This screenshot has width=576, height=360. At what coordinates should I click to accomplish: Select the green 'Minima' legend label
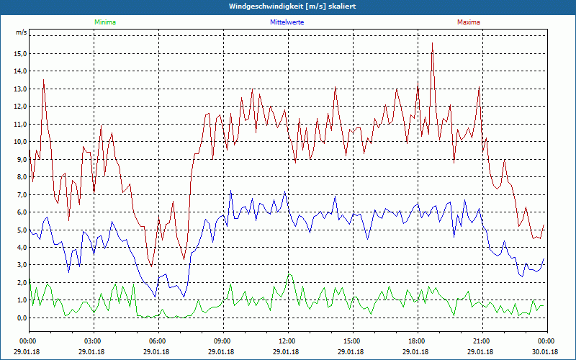104,22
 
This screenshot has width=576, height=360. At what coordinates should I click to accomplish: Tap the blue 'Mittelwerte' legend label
286,22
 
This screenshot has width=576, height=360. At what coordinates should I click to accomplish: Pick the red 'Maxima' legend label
469,22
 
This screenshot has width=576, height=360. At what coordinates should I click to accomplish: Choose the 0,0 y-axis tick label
21,318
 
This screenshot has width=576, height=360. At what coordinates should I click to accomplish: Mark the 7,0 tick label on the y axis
21,194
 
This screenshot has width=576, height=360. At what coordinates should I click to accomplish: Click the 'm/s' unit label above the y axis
21,33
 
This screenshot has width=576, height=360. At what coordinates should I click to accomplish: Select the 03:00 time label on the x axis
93,341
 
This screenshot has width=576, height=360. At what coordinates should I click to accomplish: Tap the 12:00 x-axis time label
287,341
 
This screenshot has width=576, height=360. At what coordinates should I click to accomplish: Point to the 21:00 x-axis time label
482,341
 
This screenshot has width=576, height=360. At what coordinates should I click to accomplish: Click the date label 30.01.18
546,351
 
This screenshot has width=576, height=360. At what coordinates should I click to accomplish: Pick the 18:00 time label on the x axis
417,341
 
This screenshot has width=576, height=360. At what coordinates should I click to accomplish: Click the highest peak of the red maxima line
432,43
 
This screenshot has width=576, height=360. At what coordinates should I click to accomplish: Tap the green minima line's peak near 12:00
289,274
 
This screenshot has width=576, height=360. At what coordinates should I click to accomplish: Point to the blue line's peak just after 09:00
230,191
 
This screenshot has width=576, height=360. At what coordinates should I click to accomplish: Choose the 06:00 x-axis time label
158,341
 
